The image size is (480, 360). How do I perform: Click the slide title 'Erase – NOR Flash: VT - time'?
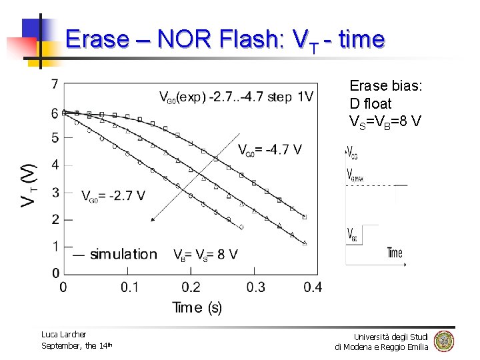(225, 40)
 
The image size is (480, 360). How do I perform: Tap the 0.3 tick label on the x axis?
(255, 287)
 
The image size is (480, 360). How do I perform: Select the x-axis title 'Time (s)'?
(197, 307)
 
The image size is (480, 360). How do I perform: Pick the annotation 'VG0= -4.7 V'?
(269, 149)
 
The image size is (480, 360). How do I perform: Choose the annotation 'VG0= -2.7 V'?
(113, 195)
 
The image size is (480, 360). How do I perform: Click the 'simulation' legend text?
(123, 254)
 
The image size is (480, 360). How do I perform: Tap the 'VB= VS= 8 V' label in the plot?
(205, 254)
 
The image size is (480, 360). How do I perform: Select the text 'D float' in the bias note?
(371, 104)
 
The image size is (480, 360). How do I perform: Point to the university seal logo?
(443, 341)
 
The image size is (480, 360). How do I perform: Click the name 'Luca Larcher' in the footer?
(64, 334)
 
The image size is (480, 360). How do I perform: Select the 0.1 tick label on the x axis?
(130, 287)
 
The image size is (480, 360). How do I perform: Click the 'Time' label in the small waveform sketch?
(395, 253)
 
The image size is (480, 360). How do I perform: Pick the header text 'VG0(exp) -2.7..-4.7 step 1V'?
(235, 97)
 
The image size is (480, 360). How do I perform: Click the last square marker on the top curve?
(305, 217)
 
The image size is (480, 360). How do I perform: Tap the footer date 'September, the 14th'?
(77, 345)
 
